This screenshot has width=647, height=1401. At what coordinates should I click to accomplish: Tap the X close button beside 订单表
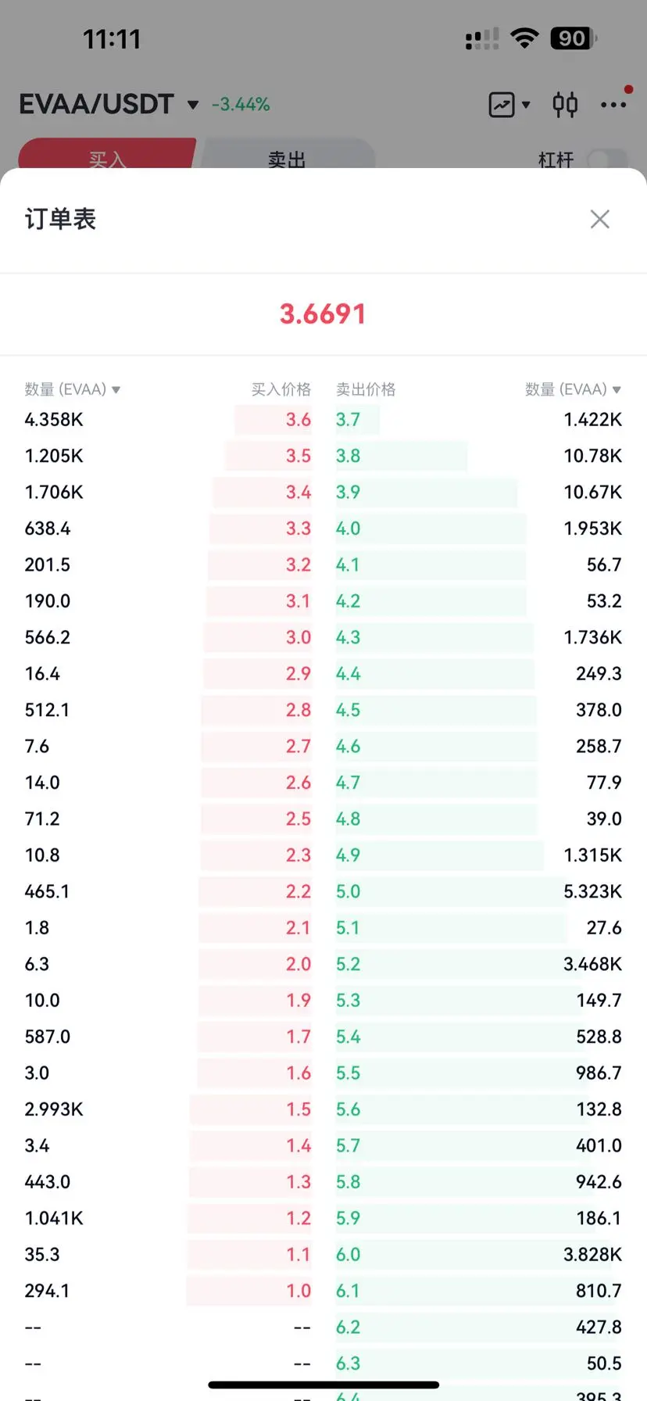(x=599, y=219)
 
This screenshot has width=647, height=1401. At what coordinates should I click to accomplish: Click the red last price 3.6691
(x=323, y=314)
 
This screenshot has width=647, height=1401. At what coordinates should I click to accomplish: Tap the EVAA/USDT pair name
(x=96, y=104)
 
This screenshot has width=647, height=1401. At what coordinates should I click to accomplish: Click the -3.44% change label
(x=241, y=105)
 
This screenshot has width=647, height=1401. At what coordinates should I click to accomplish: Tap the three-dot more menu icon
(x=613, y=105)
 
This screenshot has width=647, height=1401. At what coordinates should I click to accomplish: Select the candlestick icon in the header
(x=565, y=104)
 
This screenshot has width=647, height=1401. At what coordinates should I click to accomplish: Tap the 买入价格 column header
(x=281, y=389)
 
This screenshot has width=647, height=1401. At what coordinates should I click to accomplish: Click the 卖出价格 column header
(x=366, y=389)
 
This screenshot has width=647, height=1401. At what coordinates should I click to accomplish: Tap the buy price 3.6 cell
(x=298, y=420)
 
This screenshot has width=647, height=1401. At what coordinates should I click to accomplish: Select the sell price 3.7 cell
(x=349, y=420)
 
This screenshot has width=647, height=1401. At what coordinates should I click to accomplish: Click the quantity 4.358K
(x=54, y=420)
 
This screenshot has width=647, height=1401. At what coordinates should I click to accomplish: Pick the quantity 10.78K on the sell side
(x=592, y=456)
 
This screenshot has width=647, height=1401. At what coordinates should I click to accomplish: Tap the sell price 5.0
(x=349, y=891)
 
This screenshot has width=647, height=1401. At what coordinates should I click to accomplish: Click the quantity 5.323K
(x=592, y=891)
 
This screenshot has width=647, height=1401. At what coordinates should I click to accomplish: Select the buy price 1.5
(x=298, y=1109)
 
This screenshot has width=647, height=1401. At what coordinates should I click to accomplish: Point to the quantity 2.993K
(x=54, y=1109)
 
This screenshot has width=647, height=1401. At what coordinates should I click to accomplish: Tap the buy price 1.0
(x=298, y=1291)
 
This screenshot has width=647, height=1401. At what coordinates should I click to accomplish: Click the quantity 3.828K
(x=592, y=1255)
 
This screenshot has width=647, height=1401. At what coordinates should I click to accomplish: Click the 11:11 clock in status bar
(x=112, y=39)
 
